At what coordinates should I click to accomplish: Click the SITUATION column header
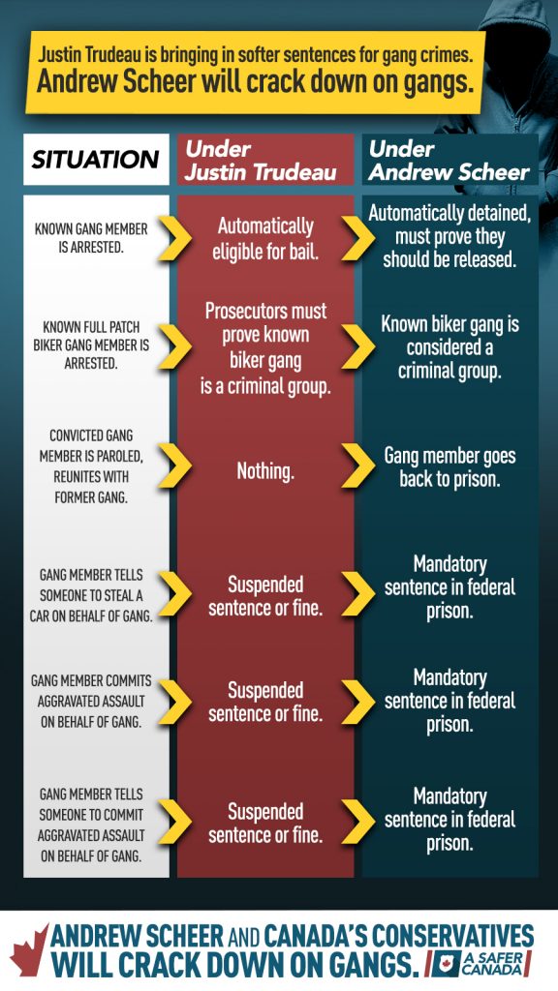pyautogui.click(x=96, y=160)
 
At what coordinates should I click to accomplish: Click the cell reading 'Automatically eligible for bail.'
pyautogui.click(x=265, y=238)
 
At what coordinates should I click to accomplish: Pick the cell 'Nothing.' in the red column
pyautogui.click(x=265, y=471)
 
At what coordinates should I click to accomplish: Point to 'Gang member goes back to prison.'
pyautogui.click(x=449, y=467)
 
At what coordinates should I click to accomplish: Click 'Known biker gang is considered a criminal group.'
pyautogui.click(x=449, y=347)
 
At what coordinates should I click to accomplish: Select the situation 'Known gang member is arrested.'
pyautogui.click(x=90, y=237)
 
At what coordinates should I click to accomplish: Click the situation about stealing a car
pyautogui.click(x=91, y=595)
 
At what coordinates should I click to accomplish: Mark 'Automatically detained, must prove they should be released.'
pyautogui.click(x=449, y=237)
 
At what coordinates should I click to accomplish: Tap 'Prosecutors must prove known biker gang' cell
pyautogui.click(x=265, y=348)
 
